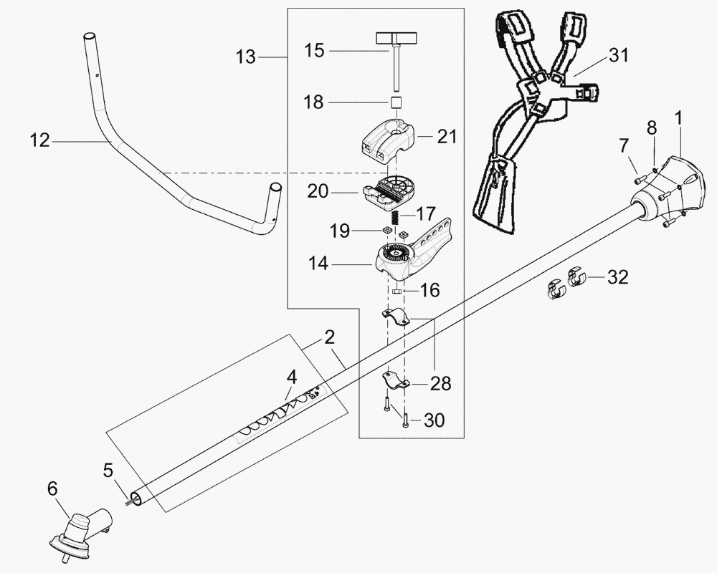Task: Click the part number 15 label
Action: pyautogui.click(x=313, y=50)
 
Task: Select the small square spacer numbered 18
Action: pyautogui.click(x=395, y=102)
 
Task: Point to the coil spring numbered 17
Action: pyautogui.click(x=393, y=215)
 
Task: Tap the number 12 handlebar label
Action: pyautogui.click(x=40, y=141)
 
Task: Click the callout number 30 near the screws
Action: pyautogui.click(x=435, y=421)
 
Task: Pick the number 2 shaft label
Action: pyautogui.click(x=329, y=337)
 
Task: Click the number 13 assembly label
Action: pyautogui.click(x=246, y=57)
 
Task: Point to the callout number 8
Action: pyautogui.click(x=651, y=128)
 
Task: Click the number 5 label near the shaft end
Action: pyautogui.click(x=108, y=471)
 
